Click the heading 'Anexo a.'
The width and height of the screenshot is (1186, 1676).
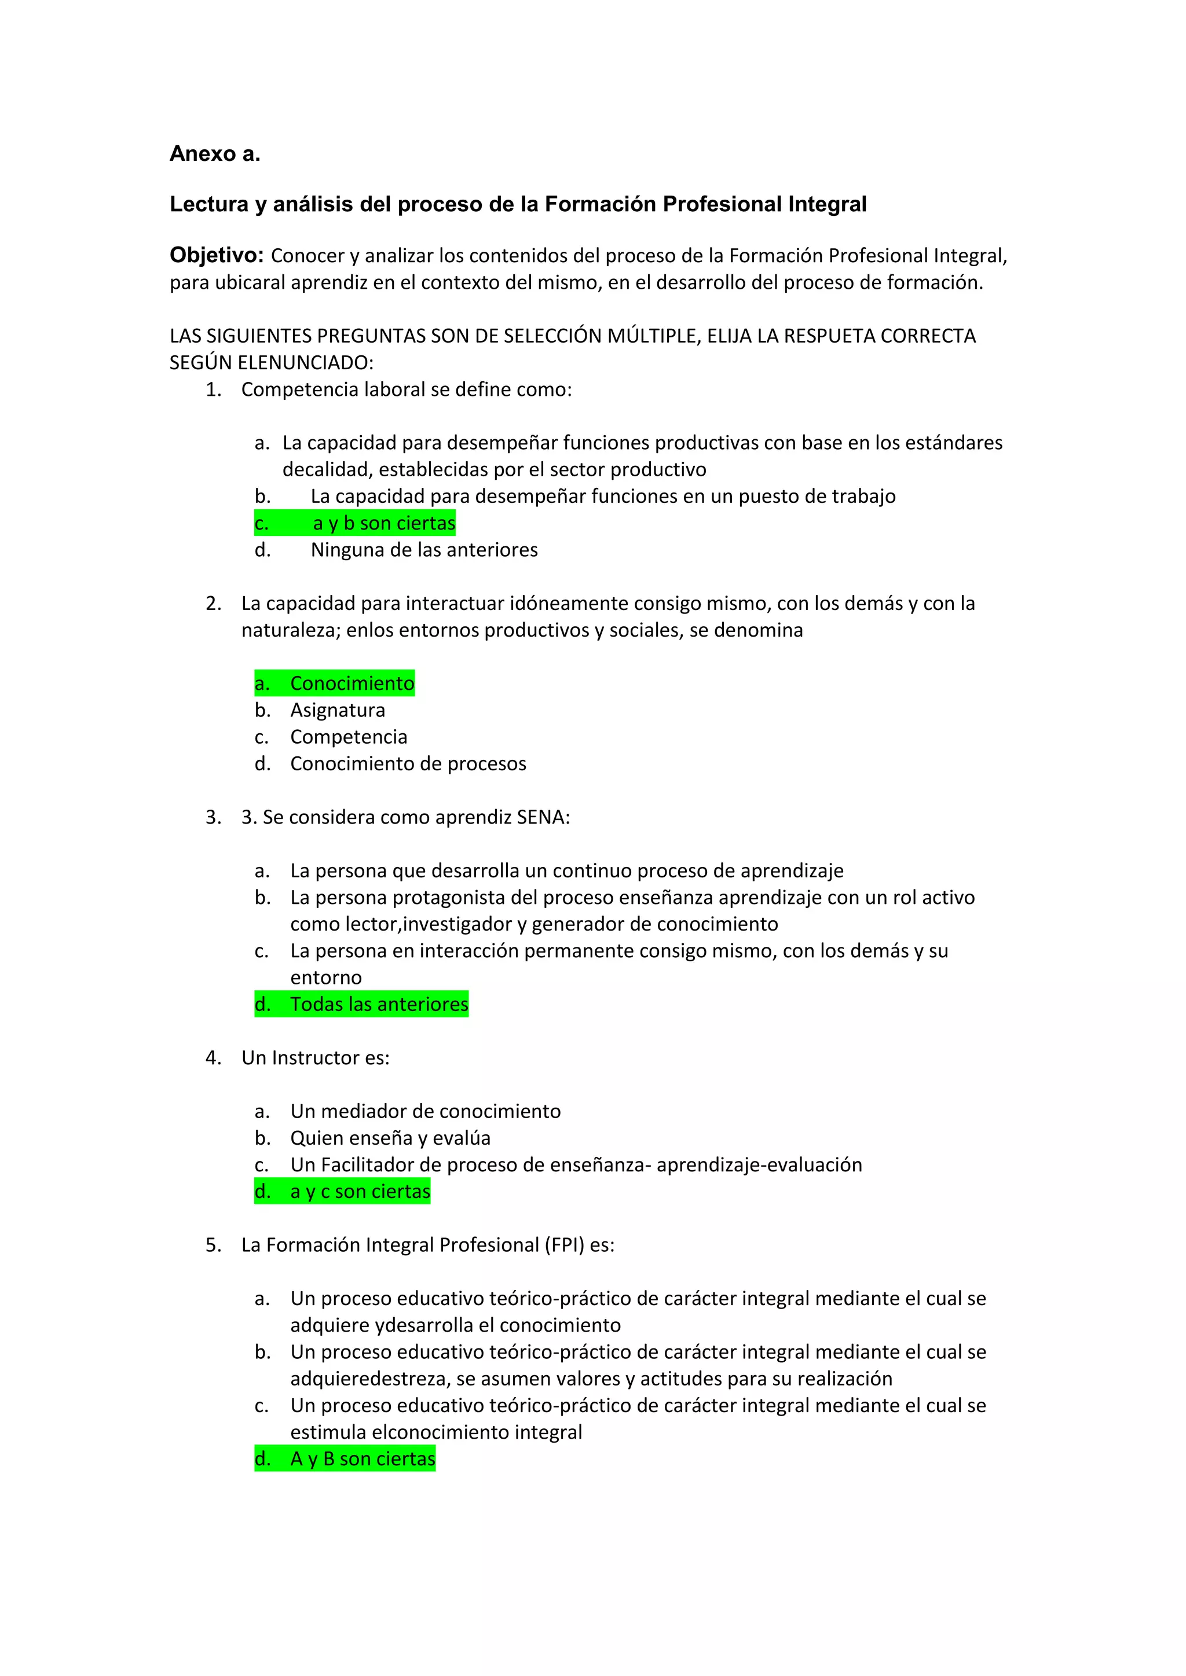click(215, 154)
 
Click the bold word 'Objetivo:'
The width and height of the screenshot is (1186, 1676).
click(216, 255)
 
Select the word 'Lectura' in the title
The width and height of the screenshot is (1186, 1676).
click(209, 204)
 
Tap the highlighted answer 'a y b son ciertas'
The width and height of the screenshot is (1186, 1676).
click(383, 523)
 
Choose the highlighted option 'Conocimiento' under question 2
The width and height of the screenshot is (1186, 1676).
click(352, 683)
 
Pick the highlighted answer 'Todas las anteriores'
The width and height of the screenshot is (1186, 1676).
click(379, 1005)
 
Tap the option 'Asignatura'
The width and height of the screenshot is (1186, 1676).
click(338, 710)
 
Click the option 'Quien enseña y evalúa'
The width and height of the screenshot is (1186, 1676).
click(390, 1138)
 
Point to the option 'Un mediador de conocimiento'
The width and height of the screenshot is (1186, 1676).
click(425, 1111)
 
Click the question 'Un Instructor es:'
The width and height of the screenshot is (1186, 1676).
click(316, 1058)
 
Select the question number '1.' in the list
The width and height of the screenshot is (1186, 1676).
click(213, 390)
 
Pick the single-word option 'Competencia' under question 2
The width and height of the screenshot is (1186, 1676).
click(349, 737)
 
